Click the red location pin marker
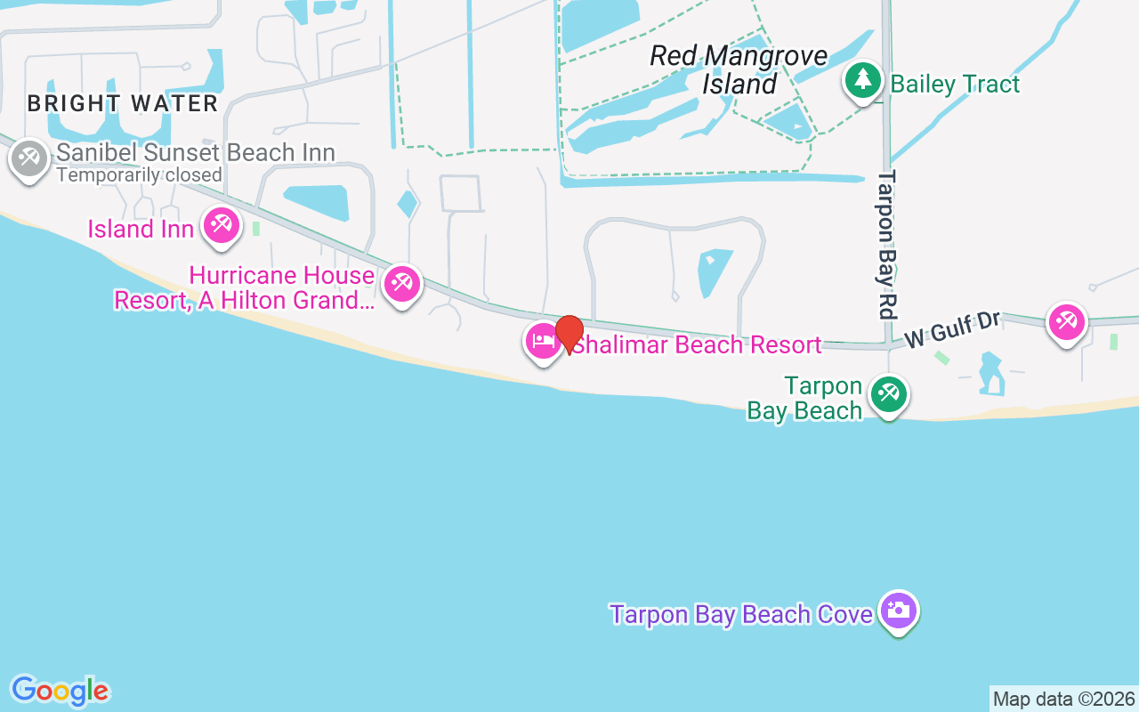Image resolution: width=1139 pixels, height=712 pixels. click(569, 333)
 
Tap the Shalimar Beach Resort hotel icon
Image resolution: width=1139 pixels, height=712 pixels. click(543, 341)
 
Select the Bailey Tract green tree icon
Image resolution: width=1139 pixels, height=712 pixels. click(861, 80)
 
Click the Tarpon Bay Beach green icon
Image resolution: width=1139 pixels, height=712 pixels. click(888, 392)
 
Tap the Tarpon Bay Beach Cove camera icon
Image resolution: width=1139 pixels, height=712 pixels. click(900, 610)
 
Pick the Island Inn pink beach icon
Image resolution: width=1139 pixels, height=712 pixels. click(221, 224)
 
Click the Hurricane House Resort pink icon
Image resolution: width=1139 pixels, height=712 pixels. click(401, 284)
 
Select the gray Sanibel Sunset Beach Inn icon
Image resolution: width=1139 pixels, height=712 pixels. click(29, 158)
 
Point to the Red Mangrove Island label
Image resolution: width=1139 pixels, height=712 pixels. click(739, 69)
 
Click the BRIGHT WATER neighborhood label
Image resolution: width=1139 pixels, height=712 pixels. click(123, 103)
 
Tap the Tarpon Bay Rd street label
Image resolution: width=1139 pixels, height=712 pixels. click(886, 245)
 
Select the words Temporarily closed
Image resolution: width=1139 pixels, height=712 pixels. click(139, 174)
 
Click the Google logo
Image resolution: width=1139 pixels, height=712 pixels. click(60, 691)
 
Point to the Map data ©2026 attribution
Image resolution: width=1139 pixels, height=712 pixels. click(1063, 700)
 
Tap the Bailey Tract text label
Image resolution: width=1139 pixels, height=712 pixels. click(955, 85)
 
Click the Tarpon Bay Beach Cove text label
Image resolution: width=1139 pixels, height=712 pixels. click(741, 614)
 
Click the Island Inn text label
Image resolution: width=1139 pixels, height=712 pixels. click(141, 229)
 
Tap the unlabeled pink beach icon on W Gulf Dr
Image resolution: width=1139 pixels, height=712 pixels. click(1066, 321)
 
